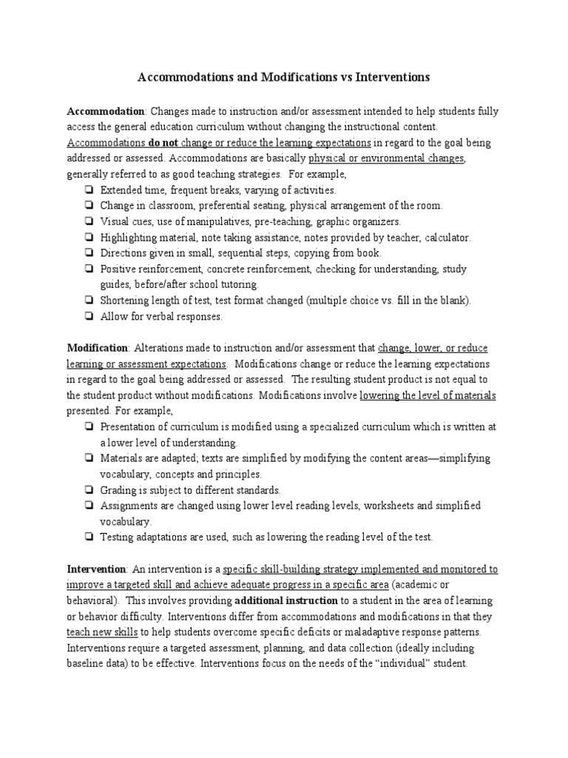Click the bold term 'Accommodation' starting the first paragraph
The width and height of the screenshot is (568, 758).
click(105, 111)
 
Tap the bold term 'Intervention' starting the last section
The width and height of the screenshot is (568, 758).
click(97, 569)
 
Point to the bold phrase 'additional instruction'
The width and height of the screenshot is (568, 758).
click(286, 600)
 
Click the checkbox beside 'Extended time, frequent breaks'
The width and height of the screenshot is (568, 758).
click(88, 190)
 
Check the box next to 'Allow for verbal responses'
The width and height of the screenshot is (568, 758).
click(88, 317)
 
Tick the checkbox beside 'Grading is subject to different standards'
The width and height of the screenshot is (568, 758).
click(88, 490)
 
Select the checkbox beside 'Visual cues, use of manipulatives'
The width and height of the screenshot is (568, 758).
click(88, 221)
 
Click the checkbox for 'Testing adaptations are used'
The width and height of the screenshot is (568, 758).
click(88, 537)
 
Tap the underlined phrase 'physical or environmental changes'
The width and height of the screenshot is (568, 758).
click(387, 158)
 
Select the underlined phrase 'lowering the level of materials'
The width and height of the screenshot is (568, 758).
click(427, 395)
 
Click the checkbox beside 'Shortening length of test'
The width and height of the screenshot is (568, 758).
click(88, 301)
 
